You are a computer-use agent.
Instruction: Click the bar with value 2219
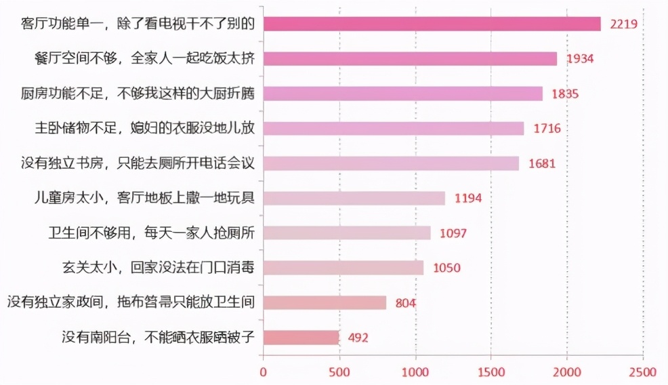coord(432,24)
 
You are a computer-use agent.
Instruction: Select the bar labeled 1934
coord(410,59)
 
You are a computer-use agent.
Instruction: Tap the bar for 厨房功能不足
coord(402,94)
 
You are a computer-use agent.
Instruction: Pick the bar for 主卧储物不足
coord(393,128)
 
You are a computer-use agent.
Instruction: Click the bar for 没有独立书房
coord(391,163)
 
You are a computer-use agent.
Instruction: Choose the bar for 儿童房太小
coord(354,198)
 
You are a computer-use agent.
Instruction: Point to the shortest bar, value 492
coord(301,337)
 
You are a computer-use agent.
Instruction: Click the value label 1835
coord(565,94)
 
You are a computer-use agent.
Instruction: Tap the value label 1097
coord(453,233)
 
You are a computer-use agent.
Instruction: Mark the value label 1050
coord(446,268)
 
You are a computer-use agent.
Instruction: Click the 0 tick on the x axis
coord(264,372)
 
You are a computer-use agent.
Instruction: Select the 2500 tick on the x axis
coord(642,372)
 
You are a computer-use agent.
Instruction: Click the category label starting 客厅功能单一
coord(138,24)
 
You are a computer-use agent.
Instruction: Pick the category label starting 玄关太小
coord(158,268)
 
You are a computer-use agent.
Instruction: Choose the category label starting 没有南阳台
coord(158,337)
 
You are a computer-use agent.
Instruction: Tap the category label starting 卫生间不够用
coord(151,233)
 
